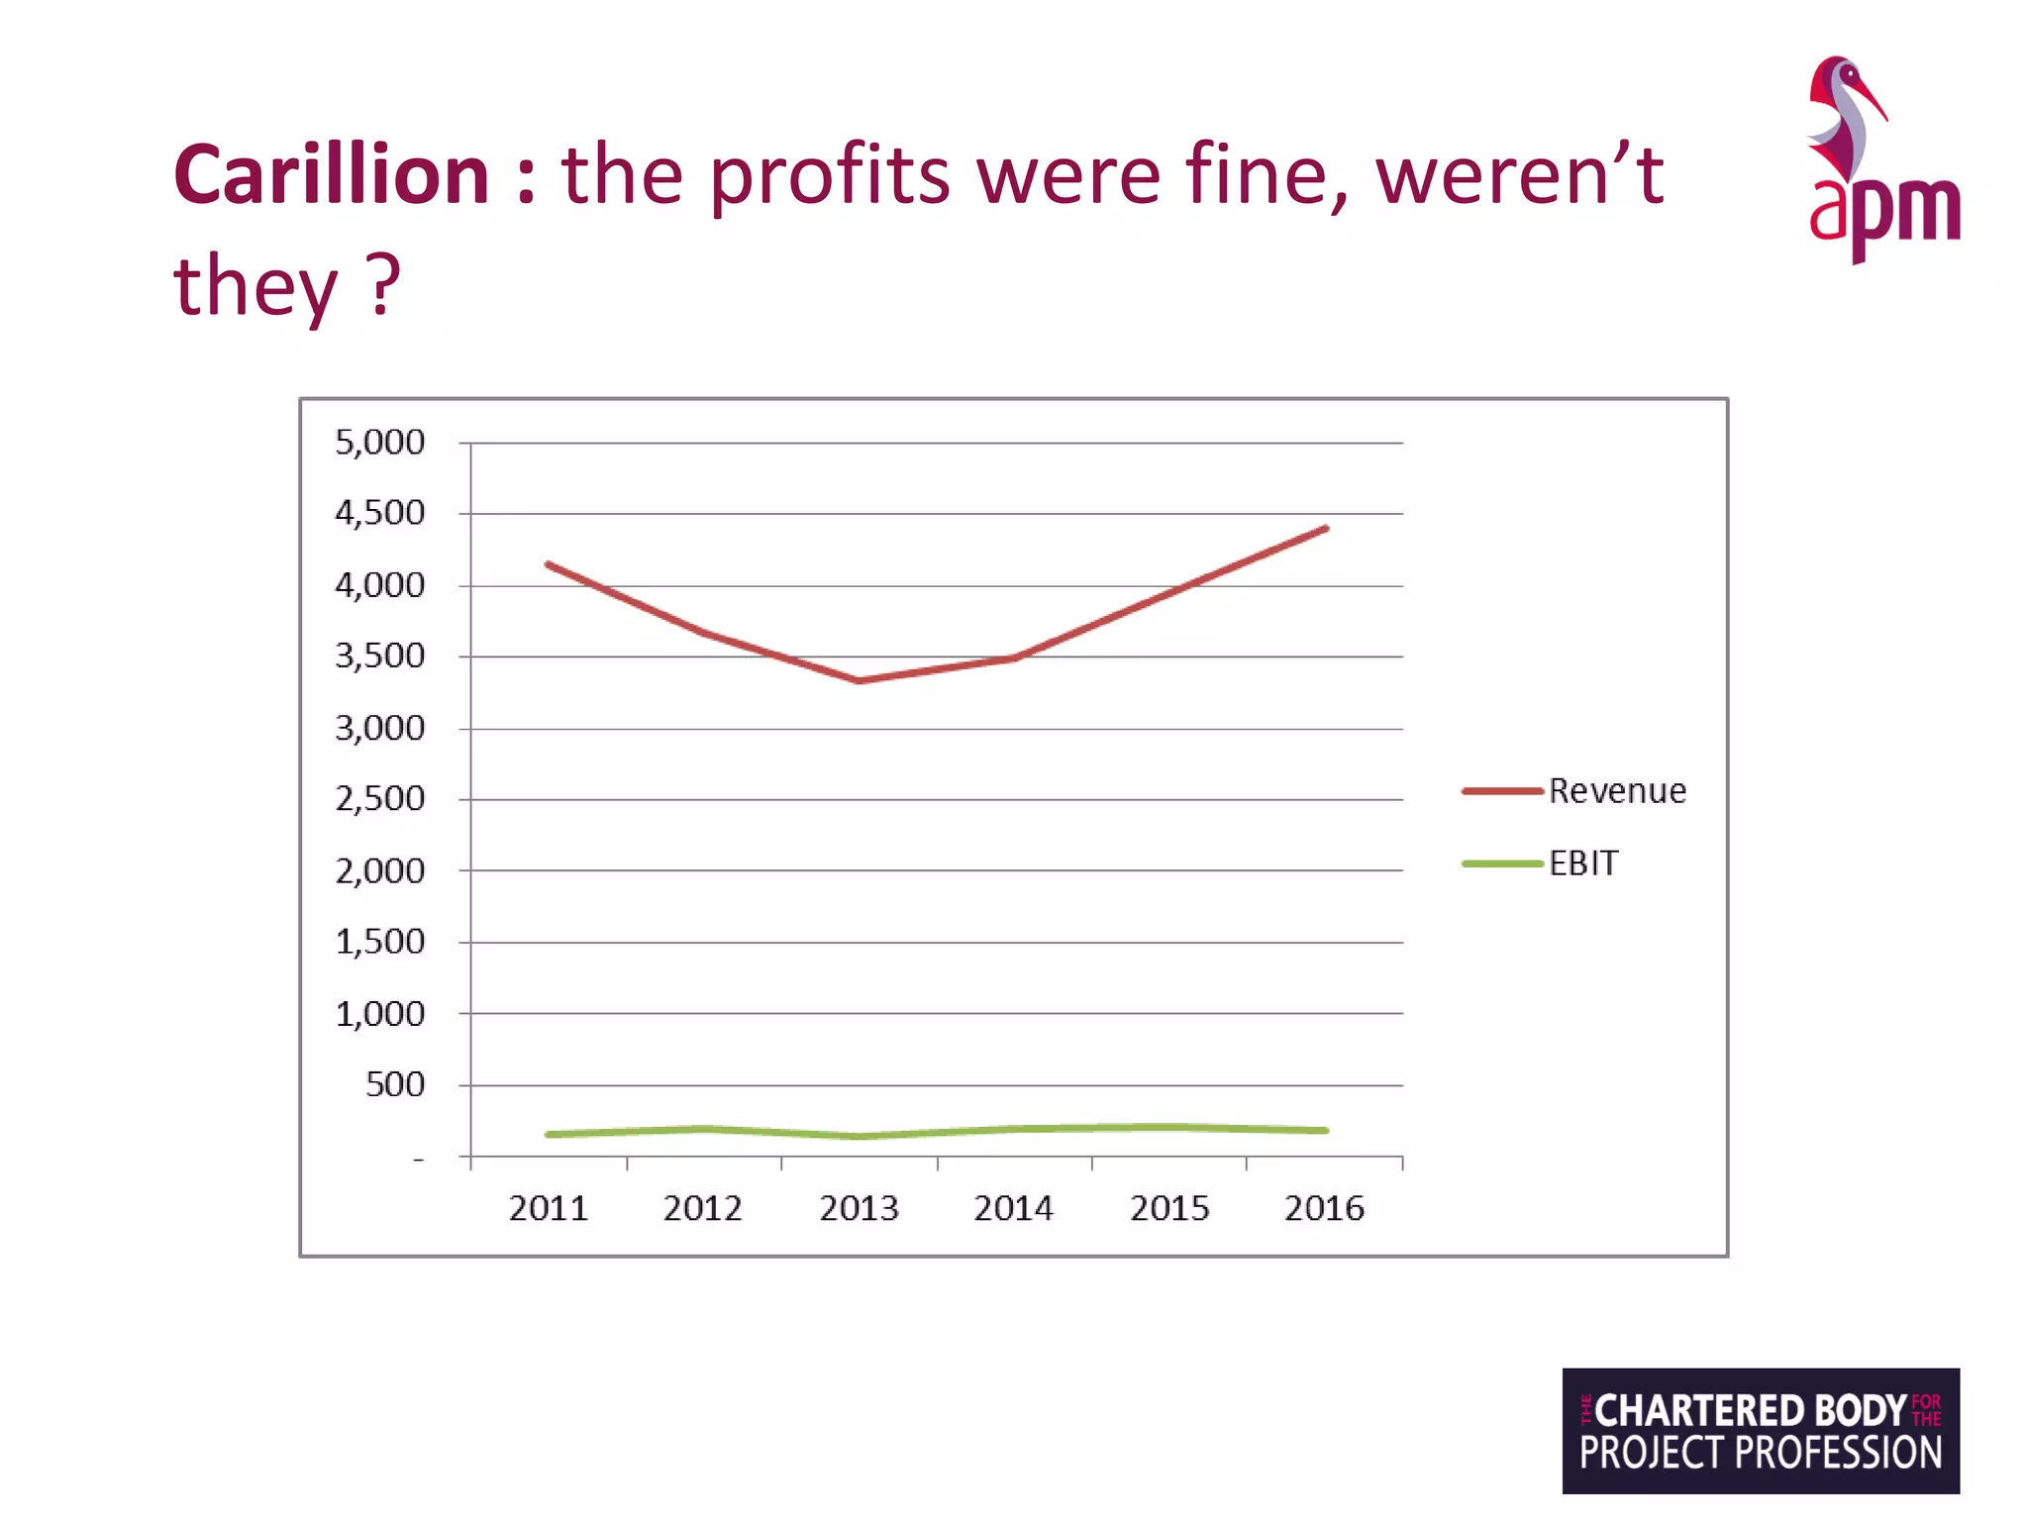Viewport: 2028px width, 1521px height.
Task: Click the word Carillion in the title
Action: [331, 175]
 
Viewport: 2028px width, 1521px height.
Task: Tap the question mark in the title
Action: [383, 284]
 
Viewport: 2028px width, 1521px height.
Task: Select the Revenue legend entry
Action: [1616, 791]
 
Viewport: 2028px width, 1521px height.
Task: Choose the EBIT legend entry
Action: [1582, 863]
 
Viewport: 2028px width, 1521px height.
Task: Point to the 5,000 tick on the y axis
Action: [379, 442]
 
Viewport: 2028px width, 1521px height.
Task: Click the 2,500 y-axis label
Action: [379, 798]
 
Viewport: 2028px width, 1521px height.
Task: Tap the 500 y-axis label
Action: [395, 1084]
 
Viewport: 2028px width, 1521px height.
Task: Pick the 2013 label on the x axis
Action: [859, 1208]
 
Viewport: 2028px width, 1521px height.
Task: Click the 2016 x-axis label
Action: [1324, 1208]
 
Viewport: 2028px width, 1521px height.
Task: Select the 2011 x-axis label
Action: [549, 1208]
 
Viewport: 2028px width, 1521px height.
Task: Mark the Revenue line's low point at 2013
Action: [860, 680]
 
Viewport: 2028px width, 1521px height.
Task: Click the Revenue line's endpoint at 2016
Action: [1325, 529]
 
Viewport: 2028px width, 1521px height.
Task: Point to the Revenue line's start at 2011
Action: [549, 564]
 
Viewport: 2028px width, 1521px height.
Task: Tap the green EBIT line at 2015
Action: [1169, 1127]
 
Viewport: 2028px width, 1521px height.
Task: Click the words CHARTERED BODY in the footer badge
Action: [1750, 1410]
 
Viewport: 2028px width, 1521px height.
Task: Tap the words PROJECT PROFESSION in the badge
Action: [1760, 1454]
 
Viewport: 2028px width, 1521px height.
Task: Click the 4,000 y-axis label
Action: [379, 585]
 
